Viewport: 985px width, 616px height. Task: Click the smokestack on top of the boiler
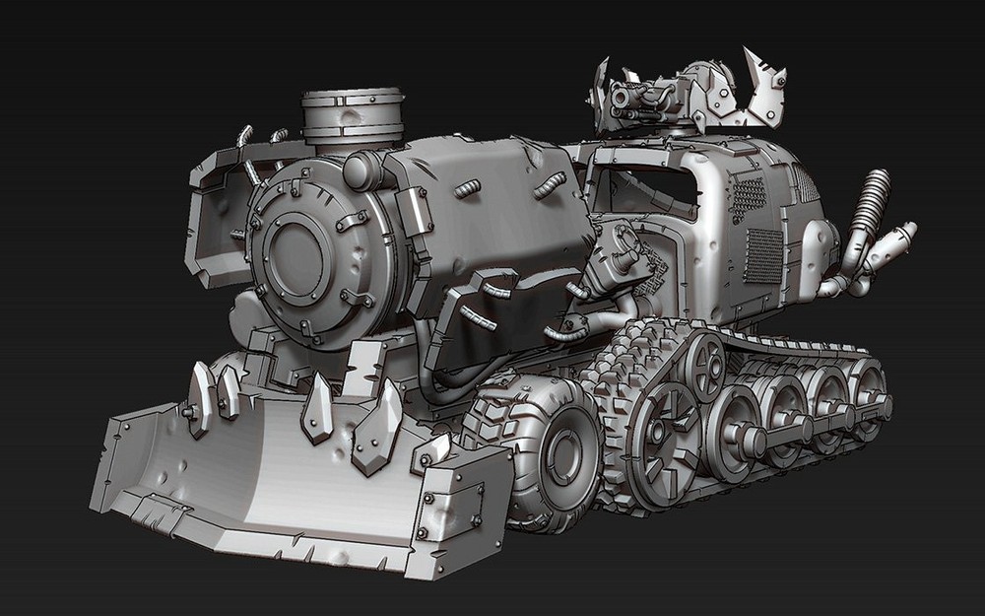tap(352, 116)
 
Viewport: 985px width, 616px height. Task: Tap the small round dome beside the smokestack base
tap(363, 170)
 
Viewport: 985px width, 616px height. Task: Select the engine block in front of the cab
tap(621, 256)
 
